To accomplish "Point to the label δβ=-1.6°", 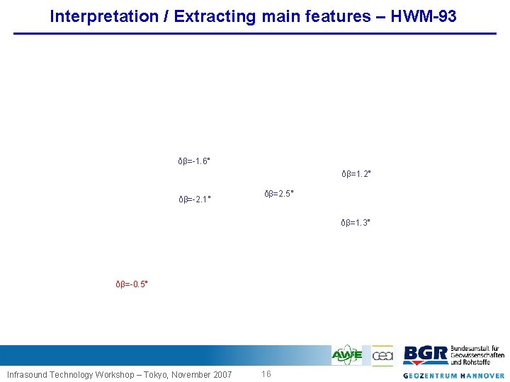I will pyautogui.click(x=194, y=161).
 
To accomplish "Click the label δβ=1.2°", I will pyautogui.click(x=356, y=173).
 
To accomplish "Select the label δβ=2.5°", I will pyautogui.click(x=279, y=194).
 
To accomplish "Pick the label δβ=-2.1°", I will pyautogui.click(x=194, y=199).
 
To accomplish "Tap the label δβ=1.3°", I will pyautogui.click(x=356, y=223).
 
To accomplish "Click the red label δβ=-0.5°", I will pyautogui.click(x=132, y=284).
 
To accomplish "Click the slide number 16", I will pyautogui.click(x=266, y=374).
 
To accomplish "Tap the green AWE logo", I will pyautogui.click(x=347, y=354).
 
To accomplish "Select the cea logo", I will pyautogui.click(x=382, y=354).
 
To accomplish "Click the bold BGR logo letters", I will pyautogui.click(x=425, y=354).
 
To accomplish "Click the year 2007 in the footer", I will pyautogui.click(x=221, y=374).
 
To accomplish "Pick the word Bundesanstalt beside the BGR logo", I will pyautogui.click(x=475, y=348).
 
